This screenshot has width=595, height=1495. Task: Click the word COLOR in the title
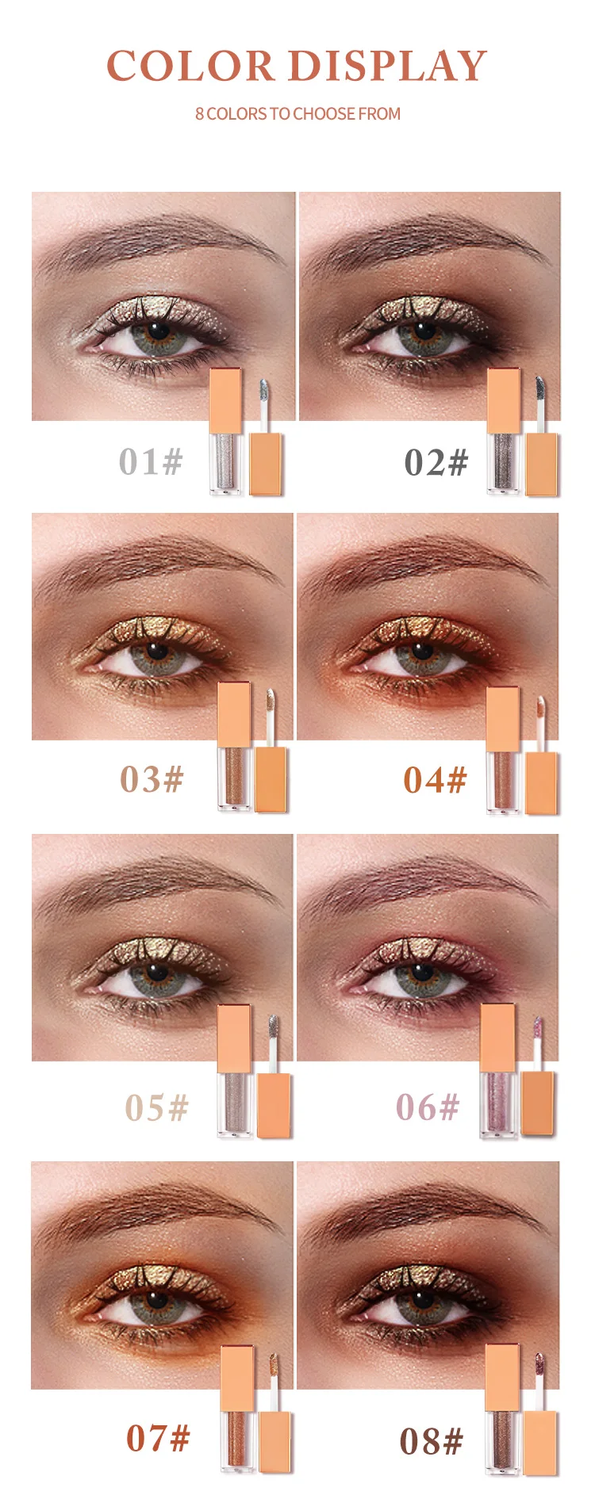(190, 66)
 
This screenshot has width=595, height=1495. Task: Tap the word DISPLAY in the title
(387, 66)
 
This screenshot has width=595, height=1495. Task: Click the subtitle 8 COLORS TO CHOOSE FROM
(297, 114)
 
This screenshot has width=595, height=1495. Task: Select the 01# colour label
(151, 462)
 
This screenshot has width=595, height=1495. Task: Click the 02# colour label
(436, 463)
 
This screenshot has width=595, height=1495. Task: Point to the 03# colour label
(152, 780)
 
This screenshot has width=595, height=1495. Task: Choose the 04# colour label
(435, 781)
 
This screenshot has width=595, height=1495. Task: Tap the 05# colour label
(156, 1108)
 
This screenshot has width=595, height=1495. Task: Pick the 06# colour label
(428, 1108)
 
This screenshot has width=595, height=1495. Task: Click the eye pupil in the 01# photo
(159, 330)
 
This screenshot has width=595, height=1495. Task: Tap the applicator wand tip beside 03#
(270, 701)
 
